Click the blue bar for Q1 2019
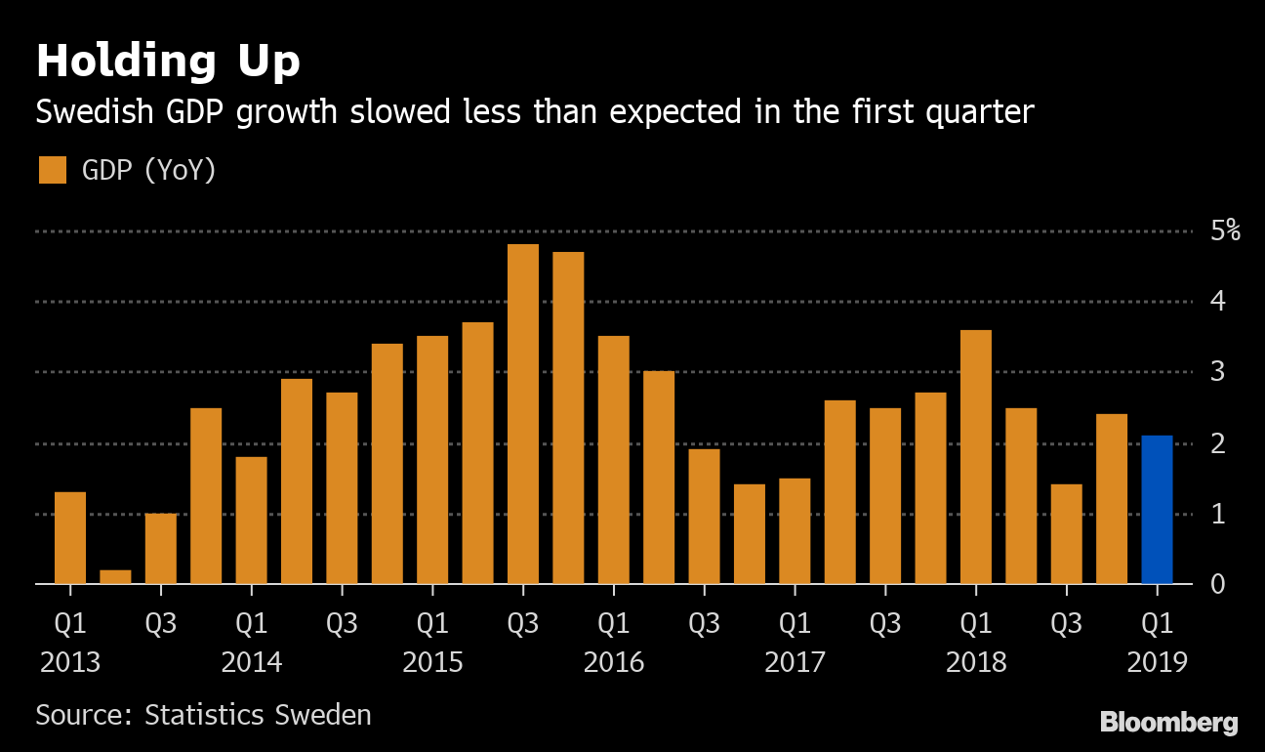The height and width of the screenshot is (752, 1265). [1157, 510]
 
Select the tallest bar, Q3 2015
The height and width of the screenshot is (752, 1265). [523, 414]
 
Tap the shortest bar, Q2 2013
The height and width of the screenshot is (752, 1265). [115, 576]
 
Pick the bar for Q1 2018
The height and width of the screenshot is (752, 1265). [976, 457]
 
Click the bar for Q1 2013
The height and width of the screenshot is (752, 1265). [70, 537]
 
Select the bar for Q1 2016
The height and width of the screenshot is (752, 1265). [614, 460]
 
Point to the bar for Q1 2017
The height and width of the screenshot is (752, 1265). [795, 530]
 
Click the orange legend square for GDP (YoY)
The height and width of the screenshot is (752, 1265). [52, 170]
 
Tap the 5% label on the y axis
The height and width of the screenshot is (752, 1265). [1225, 231]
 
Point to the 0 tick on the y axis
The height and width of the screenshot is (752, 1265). [1217, 584]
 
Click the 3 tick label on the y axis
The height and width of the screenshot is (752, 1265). [1217, 372]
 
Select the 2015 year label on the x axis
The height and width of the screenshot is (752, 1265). [432, 662]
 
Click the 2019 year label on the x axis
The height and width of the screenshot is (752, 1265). [1157, 662]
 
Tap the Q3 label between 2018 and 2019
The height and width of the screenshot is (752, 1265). [1066, 622]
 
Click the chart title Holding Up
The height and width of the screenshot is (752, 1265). [168, 61]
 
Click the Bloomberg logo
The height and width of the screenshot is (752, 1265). [1168, 723]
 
